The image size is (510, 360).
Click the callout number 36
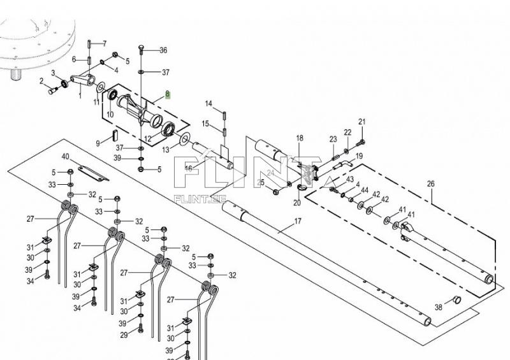click(x=163, y=50)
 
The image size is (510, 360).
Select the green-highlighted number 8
click(x=168, y=95)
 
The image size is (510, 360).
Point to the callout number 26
click(x=430, y=184)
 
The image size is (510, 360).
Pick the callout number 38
click(x=438, y=306)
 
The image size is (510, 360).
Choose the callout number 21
click(x=361, y=122)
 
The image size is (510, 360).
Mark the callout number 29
click(x=124, y=334)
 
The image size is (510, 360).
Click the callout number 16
click(x=188, y=168)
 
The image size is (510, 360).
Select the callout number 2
click(x=41, y=81)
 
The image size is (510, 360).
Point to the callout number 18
click(x=300, y=138)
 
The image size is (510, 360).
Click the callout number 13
click(x=166, y=150)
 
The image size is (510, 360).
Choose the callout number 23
click(x=333, y=139)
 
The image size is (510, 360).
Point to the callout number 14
click(x=208, y=103)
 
